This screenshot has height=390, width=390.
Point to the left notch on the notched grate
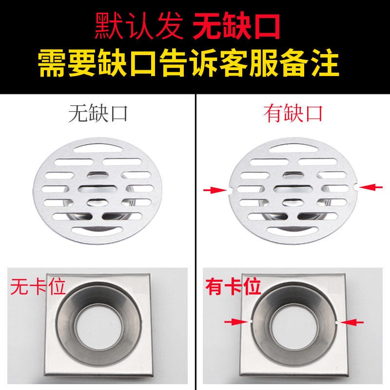[229, 190]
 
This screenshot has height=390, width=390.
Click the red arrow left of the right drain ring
[235, 321]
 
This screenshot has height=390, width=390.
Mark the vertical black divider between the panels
[195, 244]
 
